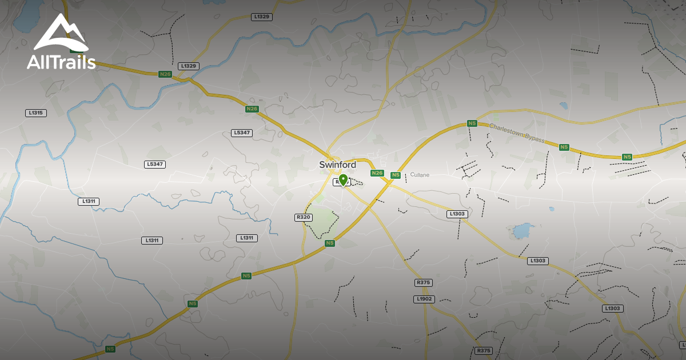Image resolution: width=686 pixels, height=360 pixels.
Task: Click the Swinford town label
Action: tap(337, 165)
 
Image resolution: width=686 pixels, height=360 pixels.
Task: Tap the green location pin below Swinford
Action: tap(343, 180)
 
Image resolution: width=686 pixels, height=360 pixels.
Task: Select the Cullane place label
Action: tap(420, 175)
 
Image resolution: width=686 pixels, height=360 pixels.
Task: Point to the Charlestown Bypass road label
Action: tap(517, 133)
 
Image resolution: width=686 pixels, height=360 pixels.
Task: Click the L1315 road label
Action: tap(35, 113)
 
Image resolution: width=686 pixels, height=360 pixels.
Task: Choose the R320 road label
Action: tap(304, 218)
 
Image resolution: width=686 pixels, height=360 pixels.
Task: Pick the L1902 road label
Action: tap(424, 299)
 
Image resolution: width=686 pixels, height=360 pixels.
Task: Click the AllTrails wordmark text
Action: tap(61, 62)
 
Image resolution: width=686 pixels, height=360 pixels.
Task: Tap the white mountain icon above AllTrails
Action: tap(61, 33)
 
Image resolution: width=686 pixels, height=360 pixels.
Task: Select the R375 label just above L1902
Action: tap(424, 283)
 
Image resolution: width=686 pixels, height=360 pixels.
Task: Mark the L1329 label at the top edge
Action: tap(261, 17)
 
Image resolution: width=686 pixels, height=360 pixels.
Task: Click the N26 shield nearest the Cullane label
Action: tap(377, 173)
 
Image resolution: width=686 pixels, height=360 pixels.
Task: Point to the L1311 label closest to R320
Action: tap(246, 238)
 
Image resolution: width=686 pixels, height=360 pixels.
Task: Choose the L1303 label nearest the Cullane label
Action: tap(457, 214)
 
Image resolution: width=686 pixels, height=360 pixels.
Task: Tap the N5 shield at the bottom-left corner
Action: tap(110, 349)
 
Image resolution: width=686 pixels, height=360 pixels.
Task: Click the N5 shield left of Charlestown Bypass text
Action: tap(472, 123)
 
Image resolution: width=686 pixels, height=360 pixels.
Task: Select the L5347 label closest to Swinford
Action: tap(242, 133)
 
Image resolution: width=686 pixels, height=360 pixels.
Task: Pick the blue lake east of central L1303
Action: tap(521, 231)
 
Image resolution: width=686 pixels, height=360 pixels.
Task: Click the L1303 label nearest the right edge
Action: tap(613, 309)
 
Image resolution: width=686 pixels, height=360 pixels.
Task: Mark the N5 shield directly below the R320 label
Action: tap(329, 243)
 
